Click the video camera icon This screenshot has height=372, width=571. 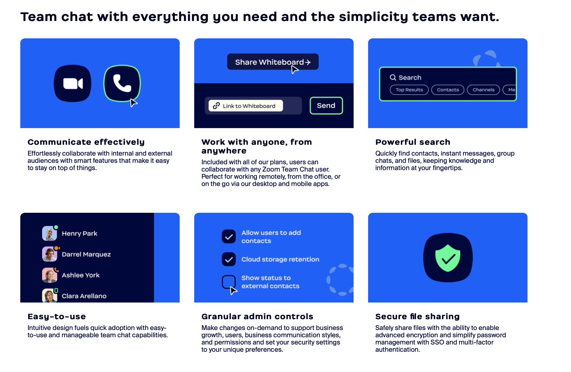click(73, 84)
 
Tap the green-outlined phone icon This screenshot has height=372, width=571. click(122, 83)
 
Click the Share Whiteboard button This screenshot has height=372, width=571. click(273, 62)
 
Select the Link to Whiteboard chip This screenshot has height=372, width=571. click(246, 106)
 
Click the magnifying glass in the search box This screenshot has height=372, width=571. click(393, 77)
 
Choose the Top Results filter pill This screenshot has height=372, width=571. click(409, 90)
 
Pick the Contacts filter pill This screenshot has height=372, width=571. click(447, 90)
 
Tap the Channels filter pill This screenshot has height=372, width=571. click(483, 90)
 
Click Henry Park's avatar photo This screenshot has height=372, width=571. click(49, 233)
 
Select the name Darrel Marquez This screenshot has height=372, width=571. click(86, 254)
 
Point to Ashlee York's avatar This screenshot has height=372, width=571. click(49, 275)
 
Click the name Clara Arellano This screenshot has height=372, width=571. click(84, 296)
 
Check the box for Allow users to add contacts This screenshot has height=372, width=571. click(229, 237)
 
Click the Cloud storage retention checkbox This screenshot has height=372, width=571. click(229, 259)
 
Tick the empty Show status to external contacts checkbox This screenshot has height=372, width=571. click(229, 282)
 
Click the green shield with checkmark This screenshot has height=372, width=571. click(447, 258)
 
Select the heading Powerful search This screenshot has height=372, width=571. click(413, 142)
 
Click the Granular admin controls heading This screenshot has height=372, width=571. click(257, 316)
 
